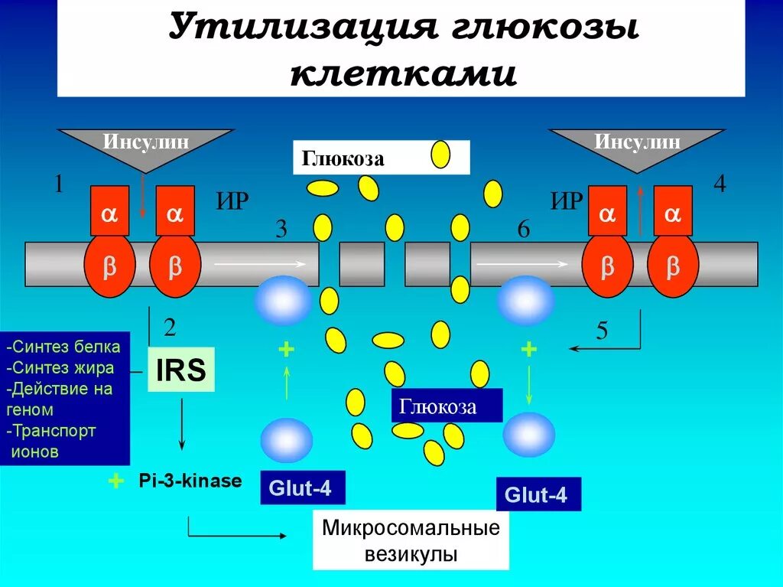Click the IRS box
180,370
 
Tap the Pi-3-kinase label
190,481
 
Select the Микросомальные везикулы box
411,541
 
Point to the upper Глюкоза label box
381,158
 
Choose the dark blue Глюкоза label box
447,406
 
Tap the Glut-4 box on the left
303,488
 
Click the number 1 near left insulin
58,184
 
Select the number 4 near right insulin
719,184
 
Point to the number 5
603,331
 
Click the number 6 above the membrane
523,229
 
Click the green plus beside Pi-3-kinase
115,481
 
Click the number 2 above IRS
170,328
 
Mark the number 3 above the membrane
281,229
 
